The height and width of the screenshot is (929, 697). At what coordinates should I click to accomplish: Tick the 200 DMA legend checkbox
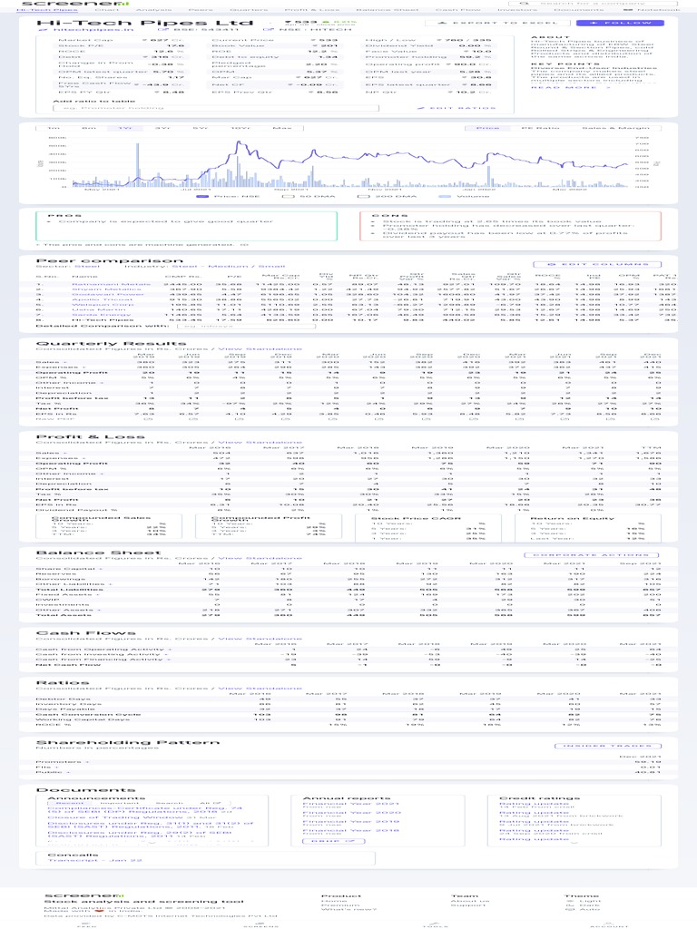[x=363, y=196]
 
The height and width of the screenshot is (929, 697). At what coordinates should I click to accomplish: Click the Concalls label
[x=61, y=854]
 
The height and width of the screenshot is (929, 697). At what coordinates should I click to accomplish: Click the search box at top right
[x=598, y=4]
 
